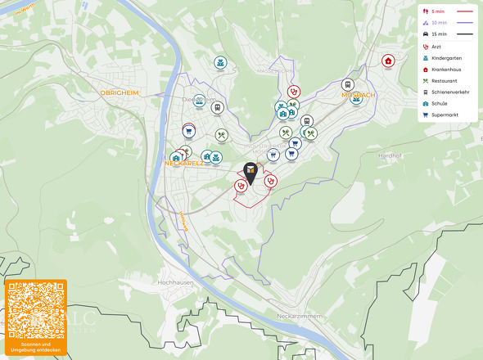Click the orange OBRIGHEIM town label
(x=120, y=93)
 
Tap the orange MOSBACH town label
(x=357, y=96)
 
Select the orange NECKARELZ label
(x=184, y=163)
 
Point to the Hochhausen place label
(x=174, y=281)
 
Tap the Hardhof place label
(x=390, y=155)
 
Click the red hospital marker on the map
(x=388, y=61)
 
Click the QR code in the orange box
(x=35, y=310)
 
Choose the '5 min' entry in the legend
(x=437, y=11)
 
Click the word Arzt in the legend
(x=436, y=47)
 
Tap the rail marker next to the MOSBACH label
(x=347, y=84)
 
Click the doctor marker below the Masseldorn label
(x=293, y=92)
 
